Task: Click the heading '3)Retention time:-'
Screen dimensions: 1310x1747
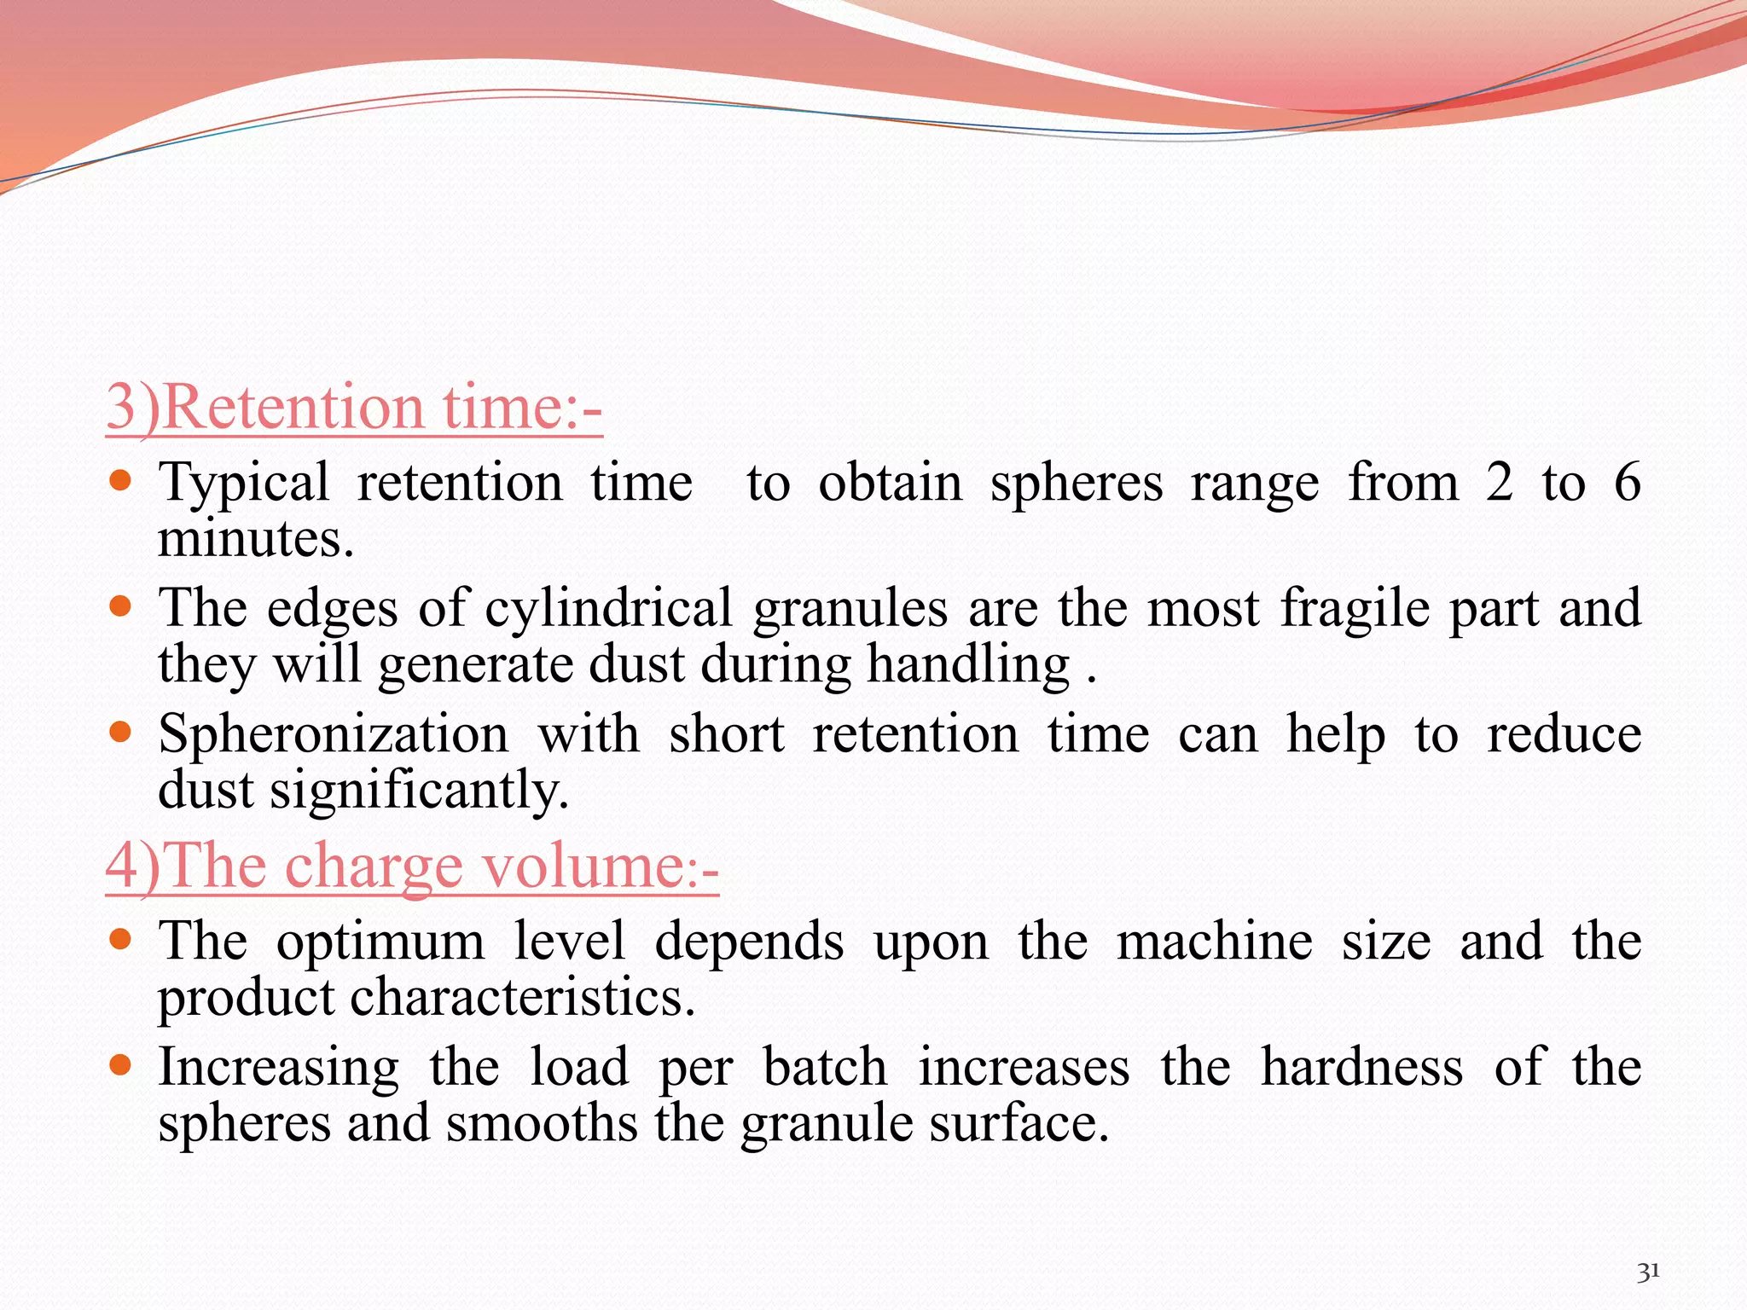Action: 354,408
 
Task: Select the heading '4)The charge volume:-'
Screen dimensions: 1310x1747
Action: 412,867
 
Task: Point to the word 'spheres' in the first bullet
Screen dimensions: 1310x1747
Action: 1077,483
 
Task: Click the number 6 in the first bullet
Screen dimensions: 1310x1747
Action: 1627,482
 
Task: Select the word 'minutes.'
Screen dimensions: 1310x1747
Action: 256,539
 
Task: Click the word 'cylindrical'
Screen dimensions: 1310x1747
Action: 608,610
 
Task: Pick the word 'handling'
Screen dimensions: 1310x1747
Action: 968,665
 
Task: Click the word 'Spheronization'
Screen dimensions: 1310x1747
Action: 334,734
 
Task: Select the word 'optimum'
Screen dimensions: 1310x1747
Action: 380,942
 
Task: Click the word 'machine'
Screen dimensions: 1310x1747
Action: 1215,942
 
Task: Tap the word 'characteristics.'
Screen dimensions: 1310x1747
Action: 522,998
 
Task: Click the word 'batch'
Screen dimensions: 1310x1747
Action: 825,1067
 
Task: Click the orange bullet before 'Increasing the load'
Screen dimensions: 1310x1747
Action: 120,1064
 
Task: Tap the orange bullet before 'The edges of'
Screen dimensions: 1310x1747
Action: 120,606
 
